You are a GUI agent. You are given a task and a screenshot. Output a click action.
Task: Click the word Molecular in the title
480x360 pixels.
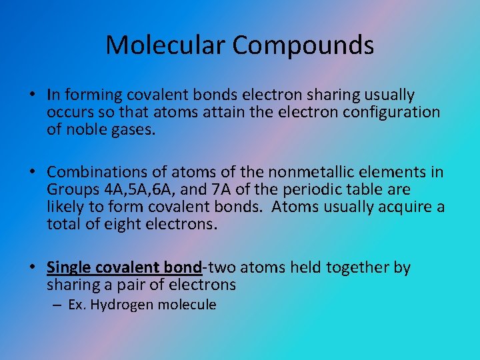click(x=165, y=45)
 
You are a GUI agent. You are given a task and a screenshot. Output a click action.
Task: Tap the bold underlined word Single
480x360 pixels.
click(x=70, y=268)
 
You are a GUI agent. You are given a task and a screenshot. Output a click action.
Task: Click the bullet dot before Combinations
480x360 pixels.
click(x=33, y=173)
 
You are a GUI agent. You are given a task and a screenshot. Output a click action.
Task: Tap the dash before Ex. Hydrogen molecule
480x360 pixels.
click(x=55, y=305)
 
